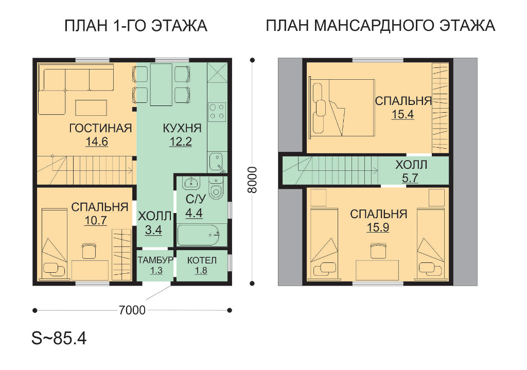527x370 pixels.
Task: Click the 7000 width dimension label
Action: pos(132,310)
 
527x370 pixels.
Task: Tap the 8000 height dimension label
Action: pos(252,180)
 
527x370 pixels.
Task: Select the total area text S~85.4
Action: pos(59,338)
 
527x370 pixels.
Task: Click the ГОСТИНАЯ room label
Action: pos(100,128)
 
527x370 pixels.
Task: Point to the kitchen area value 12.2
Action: pos(181,142)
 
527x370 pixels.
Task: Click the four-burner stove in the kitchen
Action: pos(217,112)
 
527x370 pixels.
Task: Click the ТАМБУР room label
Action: pos(155,260)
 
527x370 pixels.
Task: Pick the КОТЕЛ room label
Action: pos(202,260)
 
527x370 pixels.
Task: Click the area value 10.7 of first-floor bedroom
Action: pos(96,220)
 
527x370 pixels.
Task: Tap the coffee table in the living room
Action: pos(91,107)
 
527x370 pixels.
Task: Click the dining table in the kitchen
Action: pos(161,84)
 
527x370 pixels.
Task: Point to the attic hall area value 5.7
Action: pos(410,178)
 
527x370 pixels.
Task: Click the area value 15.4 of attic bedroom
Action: pos(402,114)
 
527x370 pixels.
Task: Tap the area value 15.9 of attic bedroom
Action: pos(378,227)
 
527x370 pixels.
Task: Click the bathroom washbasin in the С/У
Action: pos(191,183)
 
